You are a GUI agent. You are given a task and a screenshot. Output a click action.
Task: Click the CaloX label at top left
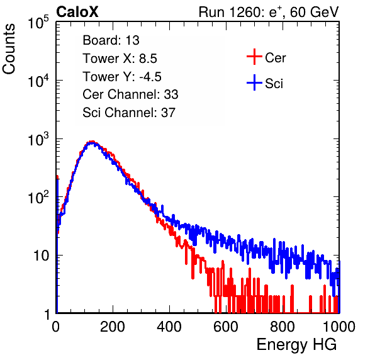(77, 12)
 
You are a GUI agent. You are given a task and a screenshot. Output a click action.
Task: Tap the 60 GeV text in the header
(314, 12)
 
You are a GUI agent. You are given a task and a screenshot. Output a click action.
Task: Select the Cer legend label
(275, 58)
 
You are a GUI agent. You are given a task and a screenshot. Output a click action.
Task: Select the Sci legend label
(274, 84)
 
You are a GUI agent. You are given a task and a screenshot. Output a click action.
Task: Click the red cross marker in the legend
(254, 57)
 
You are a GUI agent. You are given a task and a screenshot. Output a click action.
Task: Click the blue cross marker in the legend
(254, 82)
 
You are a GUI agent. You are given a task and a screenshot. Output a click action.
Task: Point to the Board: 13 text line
(111, 40)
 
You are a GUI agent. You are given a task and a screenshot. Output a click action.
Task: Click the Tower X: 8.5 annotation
(120, 59)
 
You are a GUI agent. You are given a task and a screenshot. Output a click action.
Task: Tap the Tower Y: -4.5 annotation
(122, 77)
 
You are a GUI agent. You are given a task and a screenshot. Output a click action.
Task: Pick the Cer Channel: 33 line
(130, 94)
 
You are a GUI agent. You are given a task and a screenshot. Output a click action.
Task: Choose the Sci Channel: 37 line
(129, 113)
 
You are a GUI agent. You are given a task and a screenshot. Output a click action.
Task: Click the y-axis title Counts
(9, 49)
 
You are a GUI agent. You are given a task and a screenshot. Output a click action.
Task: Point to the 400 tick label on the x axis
(169, 327)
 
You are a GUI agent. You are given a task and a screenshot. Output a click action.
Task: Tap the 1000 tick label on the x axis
(339, 327)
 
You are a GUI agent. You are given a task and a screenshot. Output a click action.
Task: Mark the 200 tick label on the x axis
(113, 327)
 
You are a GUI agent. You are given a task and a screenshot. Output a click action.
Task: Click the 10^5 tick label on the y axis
(38, 23)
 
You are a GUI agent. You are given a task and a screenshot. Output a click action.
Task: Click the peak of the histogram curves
(92, 142)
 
